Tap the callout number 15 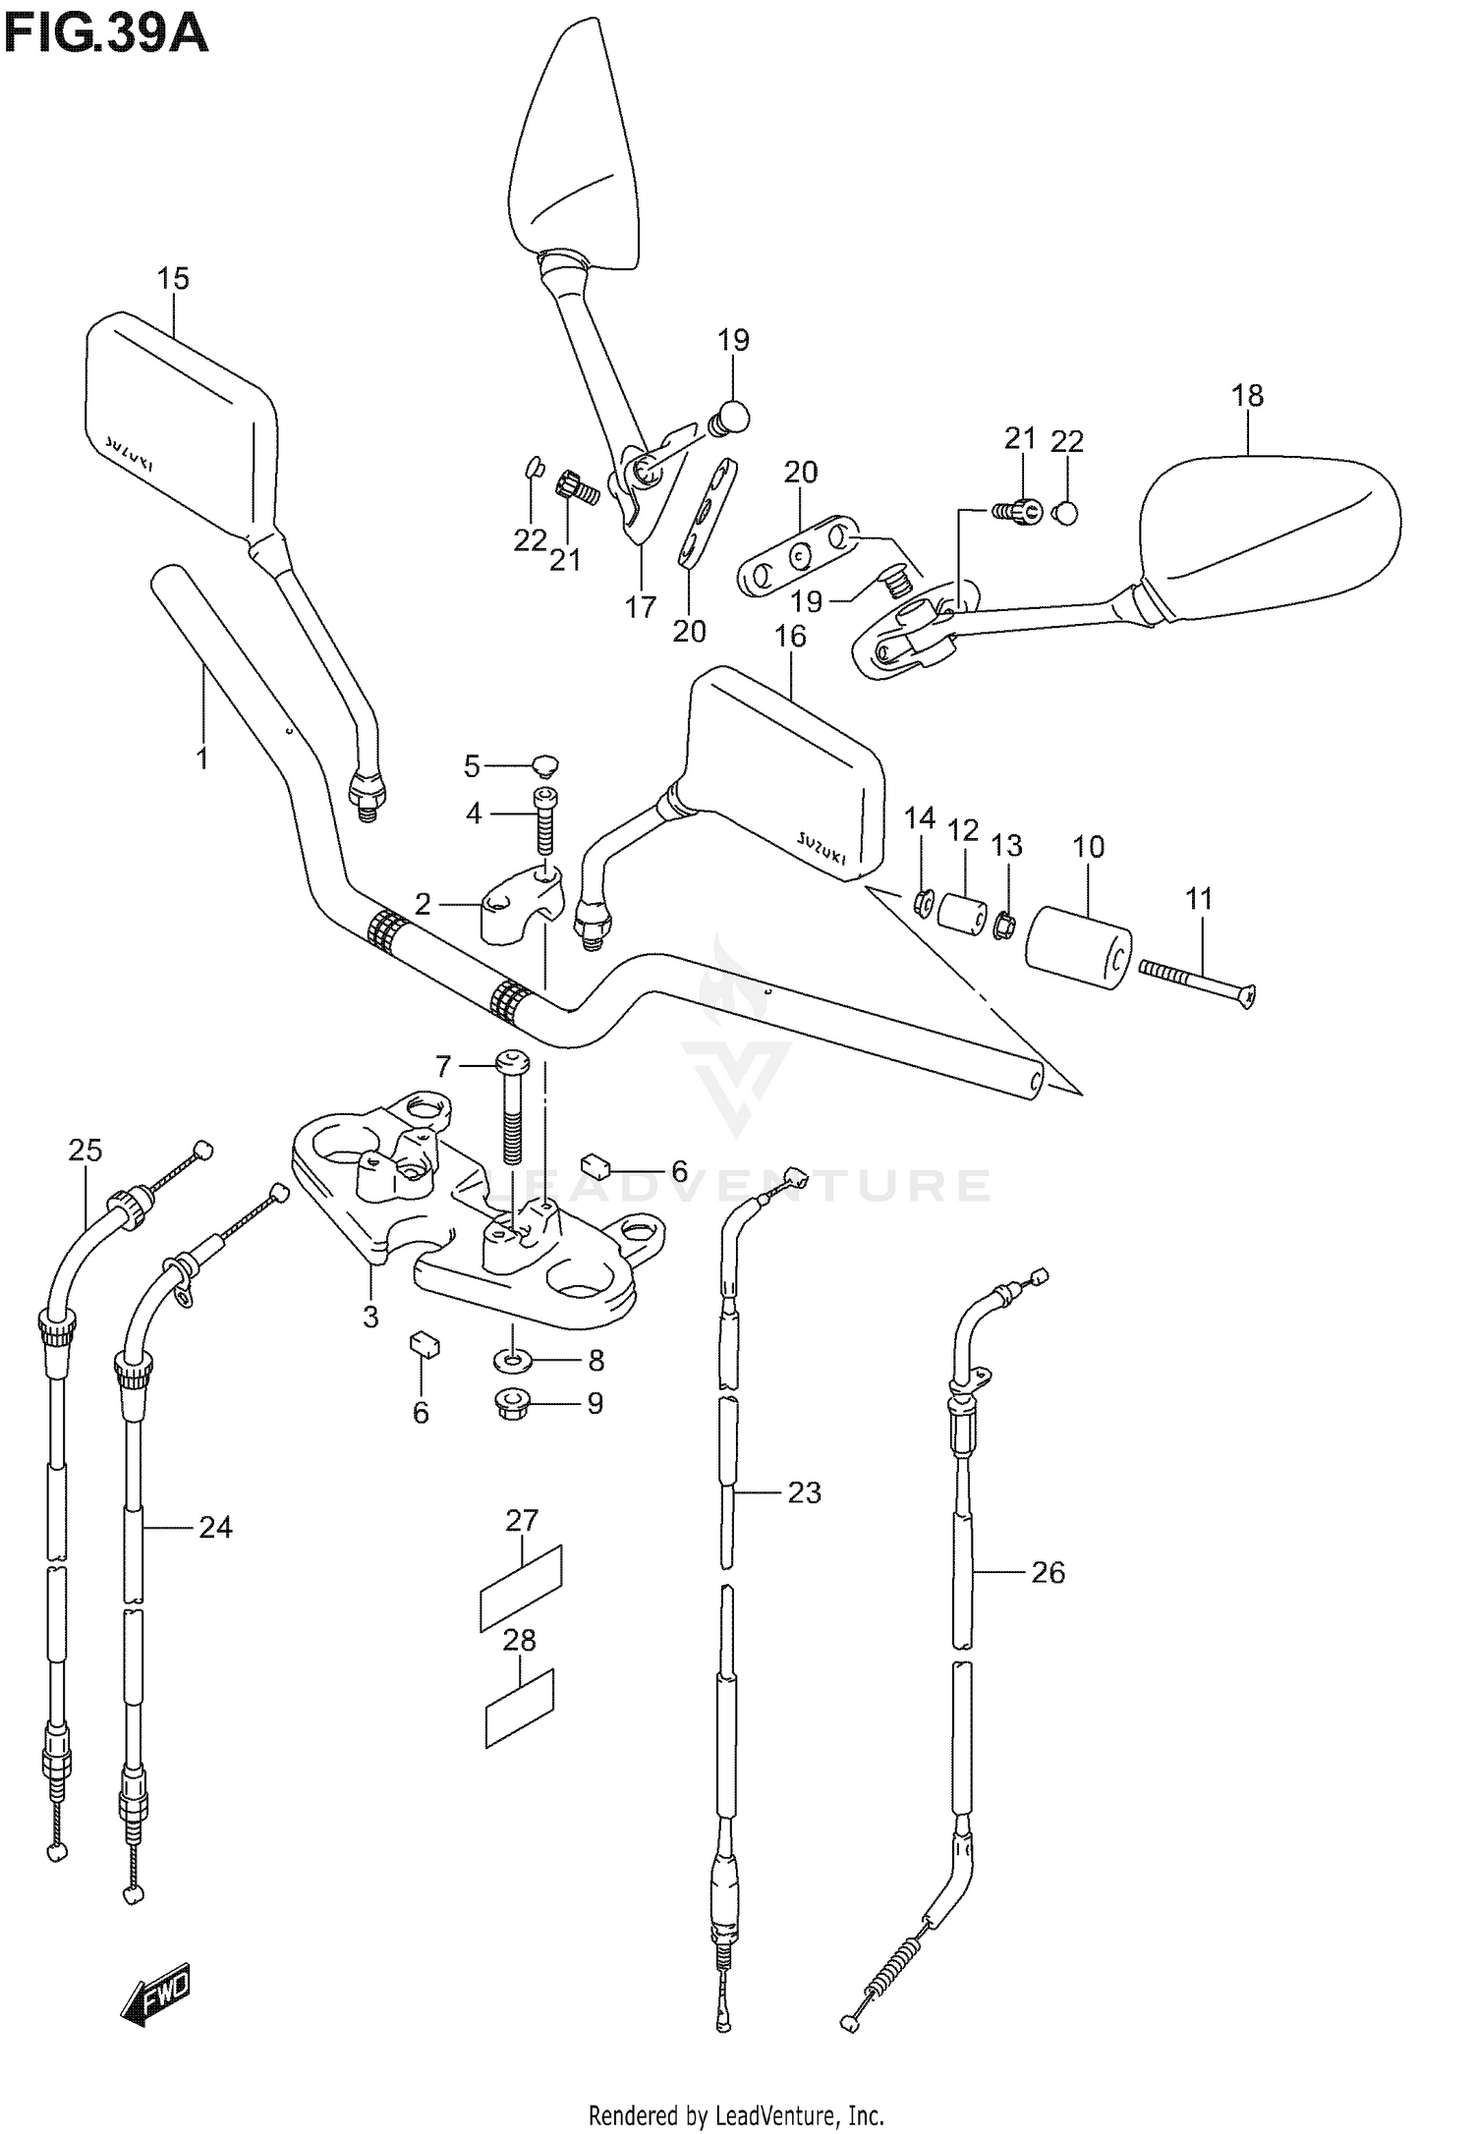(x=173, y=279)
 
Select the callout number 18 (x=1247, y=396)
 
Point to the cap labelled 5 (x=543, y=762)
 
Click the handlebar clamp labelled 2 (x=519, y=907)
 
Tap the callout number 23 (x=804, y=1492)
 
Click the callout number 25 (x=85, y=1150)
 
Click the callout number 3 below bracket (x=370, y=1317)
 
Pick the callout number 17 (x=640, y=607)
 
